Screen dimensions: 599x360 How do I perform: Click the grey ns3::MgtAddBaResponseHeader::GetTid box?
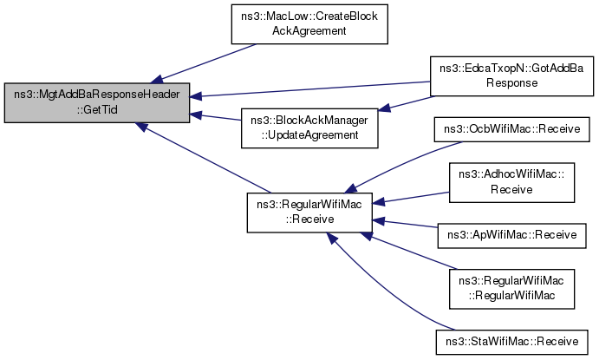click(x=97, y=103)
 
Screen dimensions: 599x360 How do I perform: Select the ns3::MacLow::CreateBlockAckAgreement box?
click(x=309, y=24)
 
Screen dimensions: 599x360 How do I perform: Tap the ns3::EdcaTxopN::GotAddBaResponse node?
click(x=512, y=76)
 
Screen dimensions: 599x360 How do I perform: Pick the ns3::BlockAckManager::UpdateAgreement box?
click(x=309, y=128)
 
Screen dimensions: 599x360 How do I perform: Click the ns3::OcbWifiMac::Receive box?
click(x=512, y=129)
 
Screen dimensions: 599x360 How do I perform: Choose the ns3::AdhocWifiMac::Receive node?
click(x=512, y=182)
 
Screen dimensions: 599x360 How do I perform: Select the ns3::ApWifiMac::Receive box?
click(x=512, y=235)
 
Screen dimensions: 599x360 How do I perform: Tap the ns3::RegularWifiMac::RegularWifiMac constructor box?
click(x=512, y=289)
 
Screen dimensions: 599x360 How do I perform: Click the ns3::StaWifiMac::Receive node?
click(x=512, y=342)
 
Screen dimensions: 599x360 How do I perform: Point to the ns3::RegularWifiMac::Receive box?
click(x=309, y=213)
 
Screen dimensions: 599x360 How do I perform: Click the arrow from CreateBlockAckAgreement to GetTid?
click(x=203, y=63)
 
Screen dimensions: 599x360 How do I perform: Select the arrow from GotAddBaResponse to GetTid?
click(x=309, y=89)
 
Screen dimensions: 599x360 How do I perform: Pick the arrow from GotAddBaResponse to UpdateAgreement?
click(x=407, y=103)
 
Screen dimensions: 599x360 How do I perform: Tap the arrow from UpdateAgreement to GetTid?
click(x=216, y=117)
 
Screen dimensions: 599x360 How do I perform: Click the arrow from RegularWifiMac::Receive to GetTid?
click(x=203, y=158)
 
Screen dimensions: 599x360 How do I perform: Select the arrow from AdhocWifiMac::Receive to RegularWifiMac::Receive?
click(x=411, y=198)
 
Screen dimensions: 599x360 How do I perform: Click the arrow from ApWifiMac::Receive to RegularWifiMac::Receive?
click(x=405, y=224)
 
